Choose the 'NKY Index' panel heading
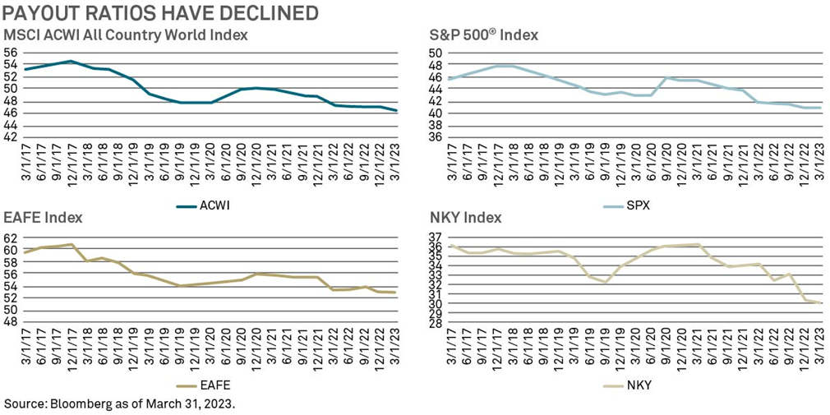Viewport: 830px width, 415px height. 466,218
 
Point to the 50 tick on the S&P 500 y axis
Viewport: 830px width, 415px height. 436,53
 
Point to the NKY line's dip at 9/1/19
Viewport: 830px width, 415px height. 606,283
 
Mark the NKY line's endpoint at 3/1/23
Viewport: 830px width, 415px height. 821,303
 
